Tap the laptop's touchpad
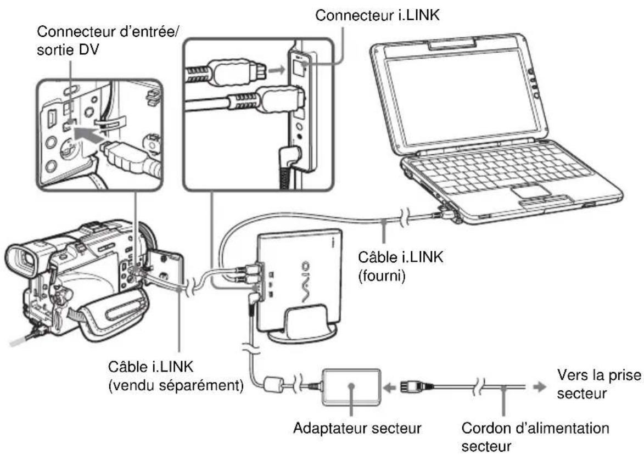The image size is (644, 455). point(529,192)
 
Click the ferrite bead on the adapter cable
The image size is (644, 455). point(272,384)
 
